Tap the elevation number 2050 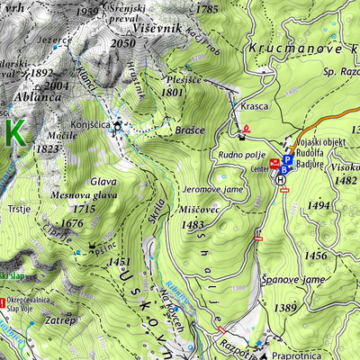[121, 43]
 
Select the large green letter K [13, 133]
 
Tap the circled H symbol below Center [281, 180]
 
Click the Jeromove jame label [213, 190]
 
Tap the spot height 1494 [318, 206]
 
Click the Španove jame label [291, 281]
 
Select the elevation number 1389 [285, 309]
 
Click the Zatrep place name [59, 319]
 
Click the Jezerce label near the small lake [55, 40]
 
